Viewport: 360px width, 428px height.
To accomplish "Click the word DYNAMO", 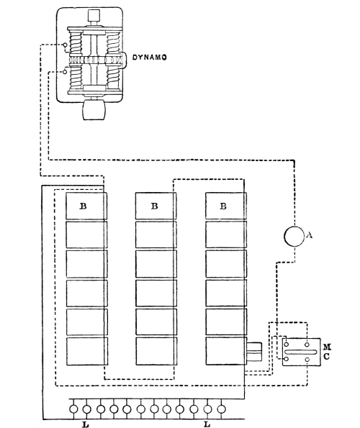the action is (150, 58).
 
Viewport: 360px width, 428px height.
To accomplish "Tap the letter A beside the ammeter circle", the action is (309, 235).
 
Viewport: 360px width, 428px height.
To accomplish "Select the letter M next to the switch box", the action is (327, 347).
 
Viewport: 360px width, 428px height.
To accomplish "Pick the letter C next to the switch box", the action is (327, 357).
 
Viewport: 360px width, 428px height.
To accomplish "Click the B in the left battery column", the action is (83, 206).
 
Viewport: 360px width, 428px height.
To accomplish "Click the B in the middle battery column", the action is (154, 206).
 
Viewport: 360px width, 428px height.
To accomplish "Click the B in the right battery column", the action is (223, 206).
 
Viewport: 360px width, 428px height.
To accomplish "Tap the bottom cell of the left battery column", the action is (87, 351).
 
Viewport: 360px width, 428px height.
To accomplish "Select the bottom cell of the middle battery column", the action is (156, 351).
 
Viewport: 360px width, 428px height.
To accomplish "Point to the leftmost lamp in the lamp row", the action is (73, 409).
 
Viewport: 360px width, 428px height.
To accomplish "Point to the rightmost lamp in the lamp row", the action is (221, 409).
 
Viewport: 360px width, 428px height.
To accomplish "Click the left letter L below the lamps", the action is (86, 424).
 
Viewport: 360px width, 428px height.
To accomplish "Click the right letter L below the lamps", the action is (207, 424).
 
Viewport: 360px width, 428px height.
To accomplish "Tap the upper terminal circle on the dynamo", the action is (66, 45).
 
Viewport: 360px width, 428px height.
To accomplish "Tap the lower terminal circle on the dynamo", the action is (65, 72).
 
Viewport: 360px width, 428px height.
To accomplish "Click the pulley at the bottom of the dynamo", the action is (93, 110).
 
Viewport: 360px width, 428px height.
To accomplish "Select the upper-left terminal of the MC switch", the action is (287, 345).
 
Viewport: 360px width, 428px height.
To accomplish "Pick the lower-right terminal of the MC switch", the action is (307, 360).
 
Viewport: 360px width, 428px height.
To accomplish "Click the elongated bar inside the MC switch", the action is (300, 352).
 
